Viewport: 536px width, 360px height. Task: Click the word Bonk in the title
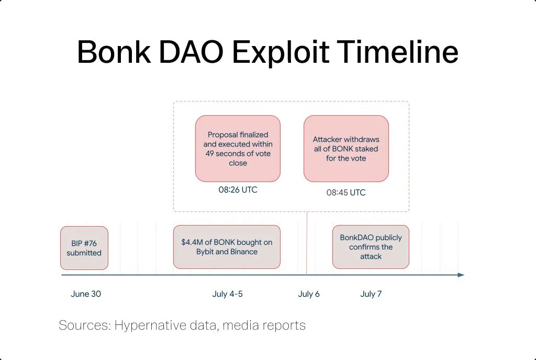point(114,52)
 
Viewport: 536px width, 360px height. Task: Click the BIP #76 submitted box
point(84,248)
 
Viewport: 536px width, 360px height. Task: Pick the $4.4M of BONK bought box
point(227,247)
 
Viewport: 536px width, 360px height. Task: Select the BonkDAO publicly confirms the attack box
point(371,247)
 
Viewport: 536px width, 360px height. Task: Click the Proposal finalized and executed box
point(238,149)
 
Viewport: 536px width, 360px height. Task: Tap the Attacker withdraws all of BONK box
point(346,149)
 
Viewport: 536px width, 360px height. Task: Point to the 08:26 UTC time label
point(238,190)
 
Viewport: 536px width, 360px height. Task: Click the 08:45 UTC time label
point(346,193)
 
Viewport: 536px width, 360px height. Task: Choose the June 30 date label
point(86,294)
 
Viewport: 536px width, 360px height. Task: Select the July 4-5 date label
point(227,294)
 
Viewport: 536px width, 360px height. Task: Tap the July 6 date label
point(309,294)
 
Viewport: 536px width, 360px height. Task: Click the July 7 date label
point(371,294)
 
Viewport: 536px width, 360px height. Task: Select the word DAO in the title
point(191,52)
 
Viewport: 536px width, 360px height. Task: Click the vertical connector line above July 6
point(307,243)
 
